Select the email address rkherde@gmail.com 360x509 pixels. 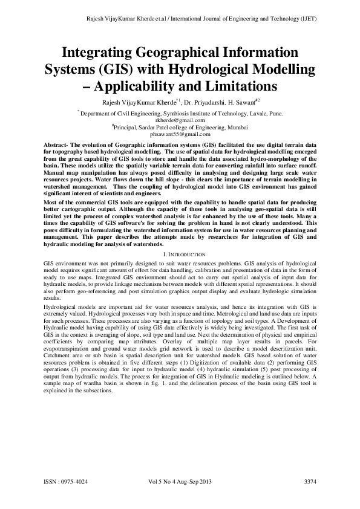coord(180,120)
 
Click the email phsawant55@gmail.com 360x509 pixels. coord(180,135)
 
